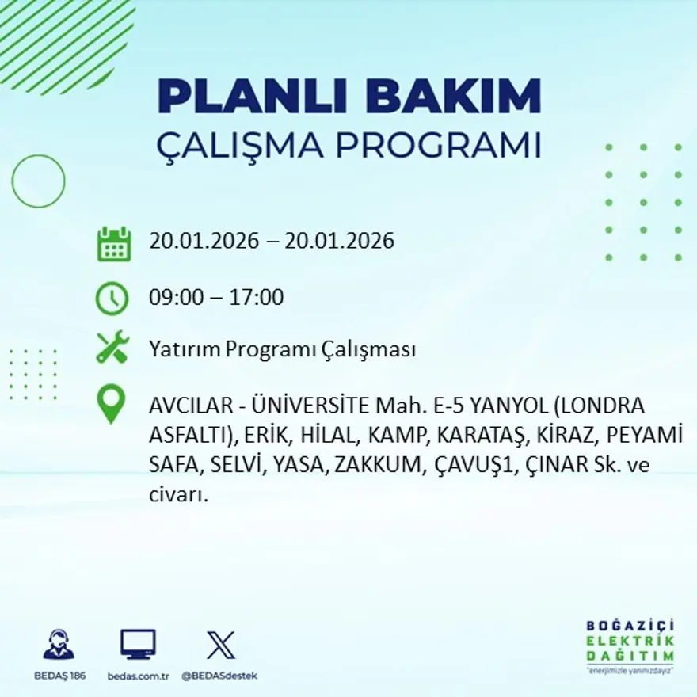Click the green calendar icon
[113, 244]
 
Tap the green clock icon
[112, 299]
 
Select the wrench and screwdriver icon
[112, 348]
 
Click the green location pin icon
[111, 403]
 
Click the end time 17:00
[256, 298]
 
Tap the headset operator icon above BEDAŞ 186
[59, 645]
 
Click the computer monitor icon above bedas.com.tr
[138, 645]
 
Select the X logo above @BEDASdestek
[220, 645]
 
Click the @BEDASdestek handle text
[219, 676]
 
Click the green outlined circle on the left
[38, 181]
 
